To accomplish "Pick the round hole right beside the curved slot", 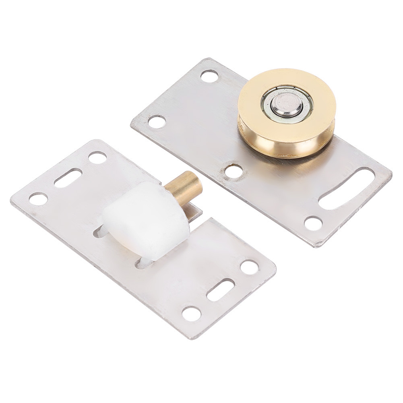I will [x=313, y=223].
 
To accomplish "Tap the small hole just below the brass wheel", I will [x=234, y=171].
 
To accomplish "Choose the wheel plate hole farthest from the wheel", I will [x=157, y=121].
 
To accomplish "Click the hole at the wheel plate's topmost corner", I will [x=209, y=76].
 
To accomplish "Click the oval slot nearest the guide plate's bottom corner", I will [x=221, y=289].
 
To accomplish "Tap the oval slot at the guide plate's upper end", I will [x=68, y=178].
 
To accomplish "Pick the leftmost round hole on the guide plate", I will [x=38, y=198].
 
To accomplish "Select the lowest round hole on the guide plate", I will [x=191, y=313].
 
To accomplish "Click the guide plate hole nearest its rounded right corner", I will [x=249, y=267].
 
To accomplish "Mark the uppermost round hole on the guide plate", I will [x=97, y=157].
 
